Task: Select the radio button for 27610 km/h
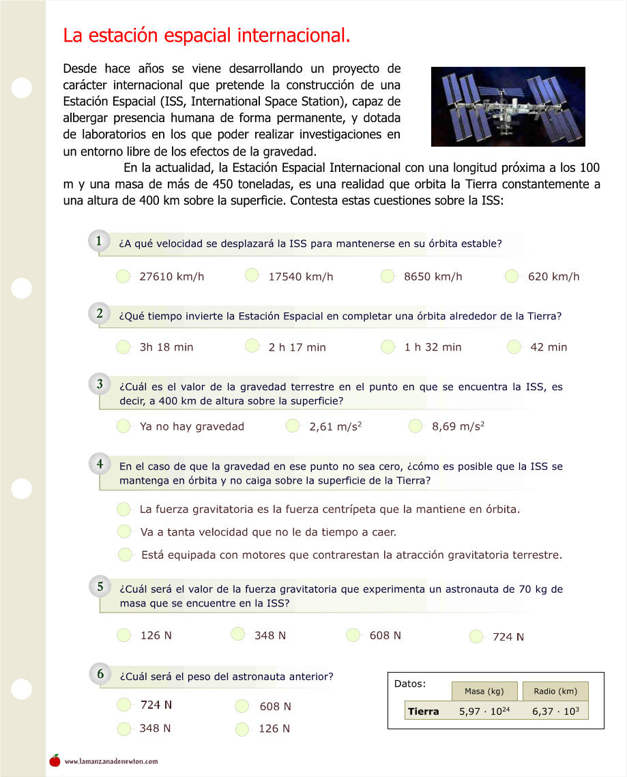pos(123,276)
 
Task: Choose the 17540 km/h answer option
pos(252,276)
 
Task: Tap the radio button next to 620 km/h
pos(512,276)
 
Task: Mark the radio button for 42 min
pos(514,347)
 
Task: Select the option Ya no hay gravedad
pos(123,426)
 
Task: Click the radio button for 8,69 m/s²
pos(415,426)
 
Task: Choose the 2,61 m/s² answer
pos(293,426)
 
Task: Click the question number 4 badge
pos(100,464)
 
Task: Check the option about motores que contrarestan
pos(125,555)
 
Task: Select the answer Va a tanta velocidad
pos(124,531)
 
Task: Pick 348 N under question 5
pos(238,634)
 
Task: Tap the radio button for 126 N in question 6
pos(242,729)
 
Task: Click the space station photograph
pos(508,106)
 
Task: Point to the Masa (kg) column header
pos(484,691)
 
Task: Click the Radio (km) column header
pos(555,691)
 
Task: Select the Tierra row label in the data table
pos(423,712)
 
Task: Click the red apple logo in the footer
pos(55,761)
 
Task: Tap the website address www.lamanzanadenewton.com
pos(111,761)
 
